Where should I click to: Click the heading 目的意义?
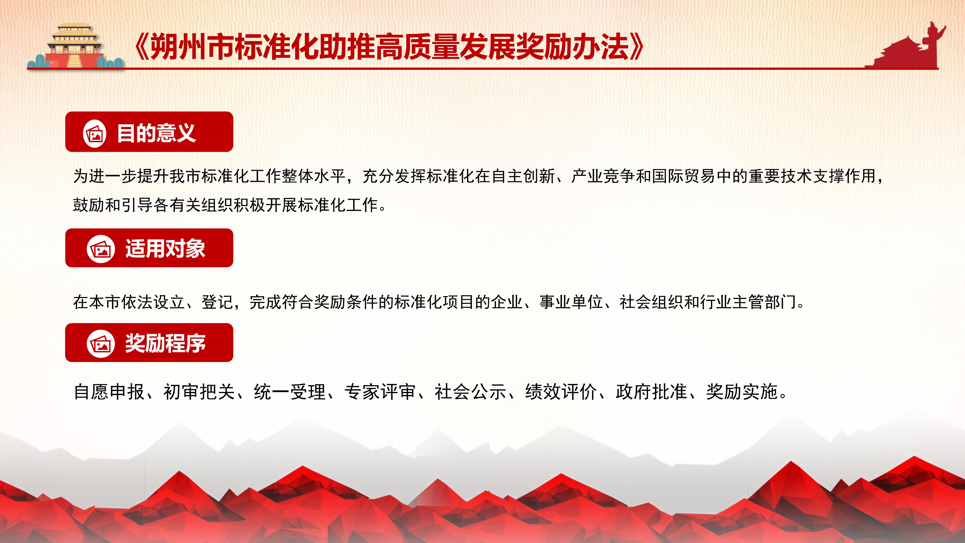click(x=156, y=133)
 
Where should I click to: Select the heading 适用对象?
click(x=165, y=249)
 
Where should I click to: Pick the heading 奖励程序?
click(x=165, y=343)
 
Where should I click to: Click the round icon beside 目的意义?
click(x=94, y=133)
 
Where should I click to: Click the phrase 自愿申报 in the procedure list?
click(x=109, y=392)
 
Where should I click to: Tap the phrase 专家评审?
click(x=380, y=392)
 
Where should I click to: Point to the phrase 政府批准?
click(x=651, y=392)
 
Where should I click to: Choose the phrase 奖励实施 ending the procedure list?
click(x=742, y=392)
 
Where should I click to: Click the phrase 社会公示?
click(x=470, y=392)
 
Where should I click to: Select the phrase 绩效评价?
click(x=561, y=392)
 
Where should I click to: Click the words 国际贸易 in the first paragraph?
click(x=684, y=176)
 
